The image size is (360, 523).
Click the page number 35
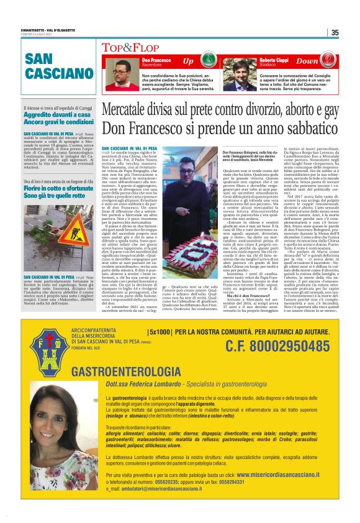(x=335, y=33)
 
